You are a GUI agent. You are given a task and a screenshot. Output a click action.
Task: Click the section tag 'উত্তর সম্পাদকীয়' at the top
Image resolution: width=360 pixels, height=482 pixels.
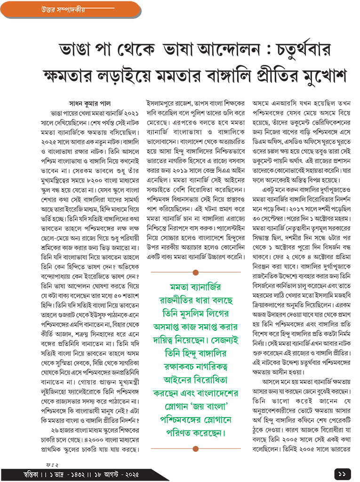[53, 9]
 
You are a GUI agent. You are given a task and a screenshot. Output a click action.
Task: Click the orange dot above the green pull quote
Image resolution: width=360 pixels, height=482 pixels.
[195, 272]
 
